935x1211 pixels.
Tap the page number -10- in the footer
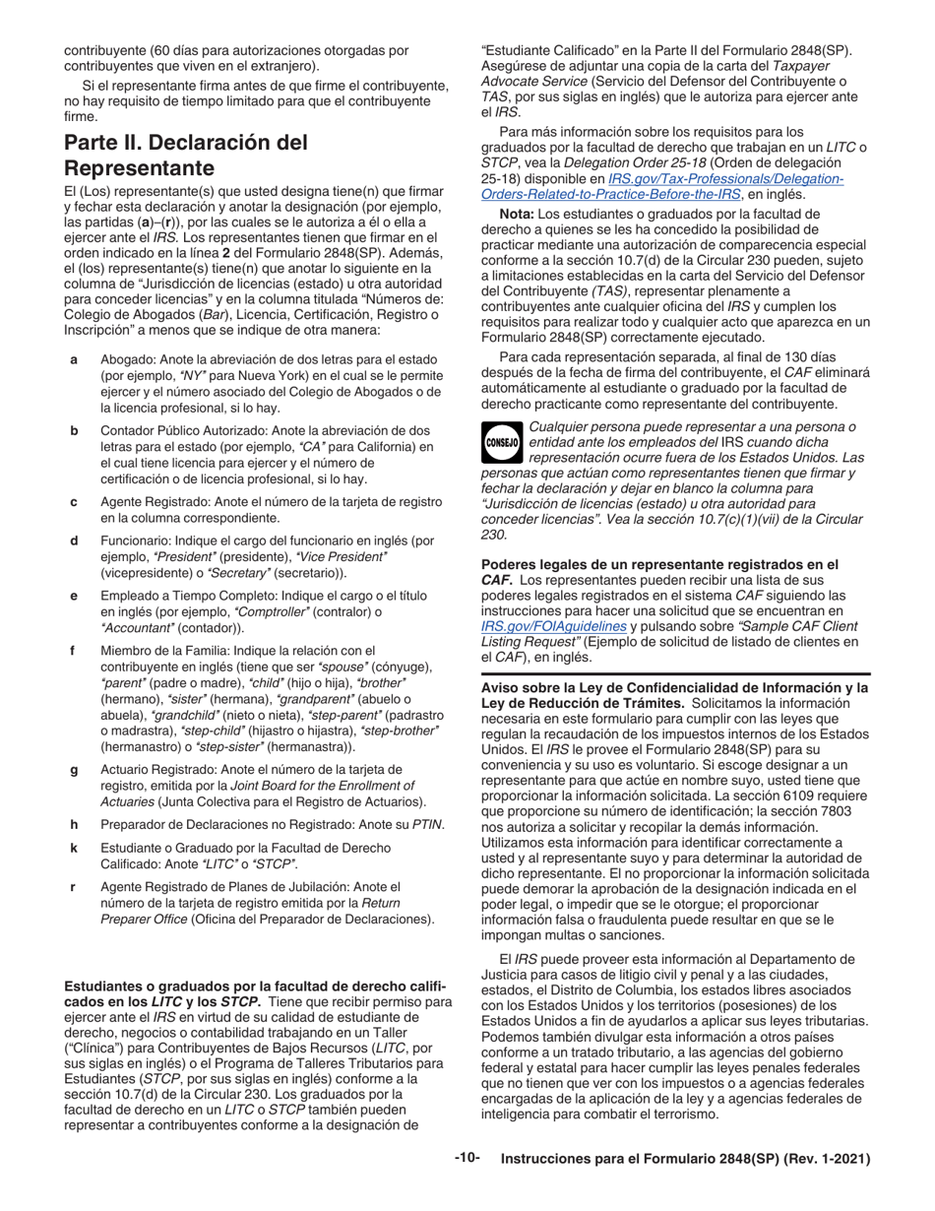coord(467,1159)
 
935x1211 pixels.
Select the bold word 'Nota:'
coord(521,213)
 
